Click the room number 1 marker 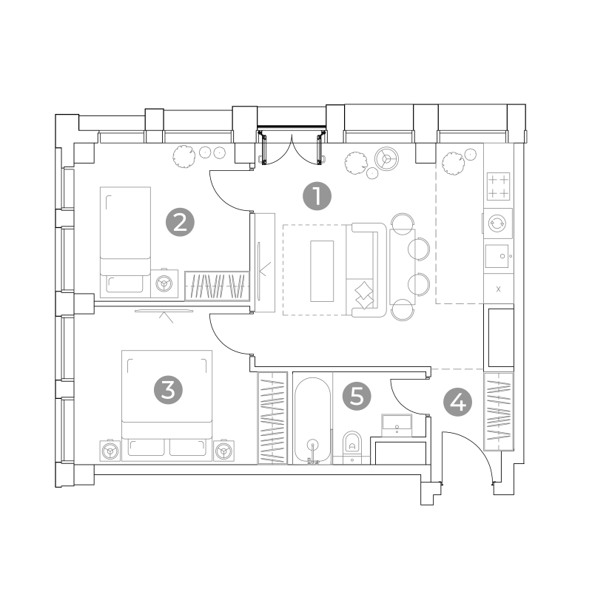pos(317,196)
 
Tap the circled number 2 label pos(180,223)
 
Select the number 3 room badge pos(168,390)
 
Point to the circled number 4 pos(457,403)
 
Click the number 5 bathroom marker pos(357,396)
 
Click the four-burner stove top pos(498,186)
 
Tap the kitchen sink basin pos(497,256)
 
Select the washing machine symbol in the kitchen pos(498,223)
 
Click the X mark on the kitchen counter pos(498,289)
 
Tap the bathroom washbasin pos(397,425)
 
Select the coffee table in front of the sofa pos(322,271)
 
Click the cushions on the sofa pos(364,295)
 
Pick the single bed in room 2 pos(125,242)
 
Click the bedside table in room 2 pos(164,283)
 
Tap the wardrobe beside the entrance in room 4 pos(499,411)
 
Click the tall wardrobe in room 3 pos(272,418)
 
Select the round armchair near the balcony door pos(386,158)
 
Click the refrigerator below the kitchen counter pos(501,338)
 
